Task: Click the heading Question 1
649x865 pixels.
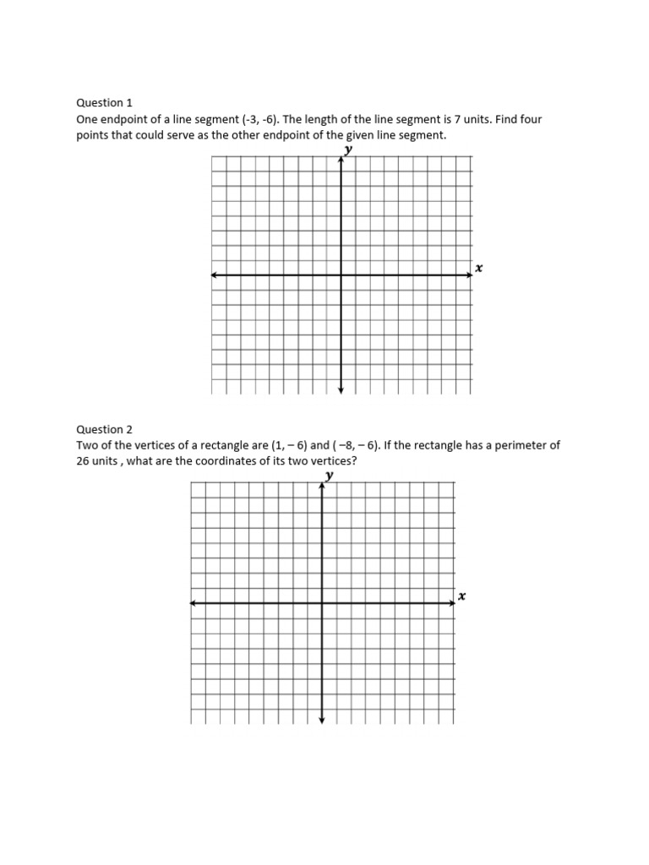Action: (x=105, y=102)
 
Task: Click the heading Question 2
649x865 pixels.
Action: (x=105, y=429)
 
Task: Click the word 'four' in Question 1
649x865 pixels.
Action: (x=530, y=119)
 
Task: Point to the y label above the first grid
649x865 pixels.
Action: (x=347, y=150)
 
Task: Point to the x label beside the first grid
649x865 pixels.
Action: (x=478, y=268)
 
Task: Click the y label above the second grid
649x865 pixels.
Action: (x=329, y=476)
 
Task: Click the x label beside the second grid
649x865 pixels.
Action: (x=461, y=596)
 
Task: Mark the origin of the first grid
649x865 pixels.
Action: (x=341, y=275)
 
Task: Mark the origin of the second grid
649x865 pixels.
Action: (x=322, y=603)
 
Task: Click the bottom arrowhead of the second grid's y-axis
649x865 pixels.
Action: (x=322, y=720)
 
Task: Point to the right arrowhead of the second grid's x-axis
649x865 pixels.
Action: (x=452, y=603)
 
